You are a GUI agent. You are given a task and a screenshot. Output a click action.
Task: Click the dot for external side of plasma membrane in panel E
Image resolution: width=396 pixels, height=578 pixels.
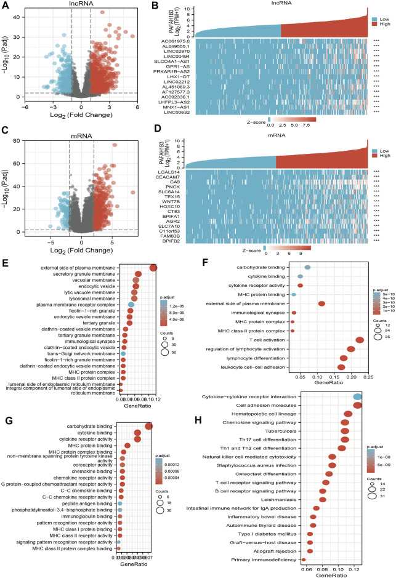tap(153, 267)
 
